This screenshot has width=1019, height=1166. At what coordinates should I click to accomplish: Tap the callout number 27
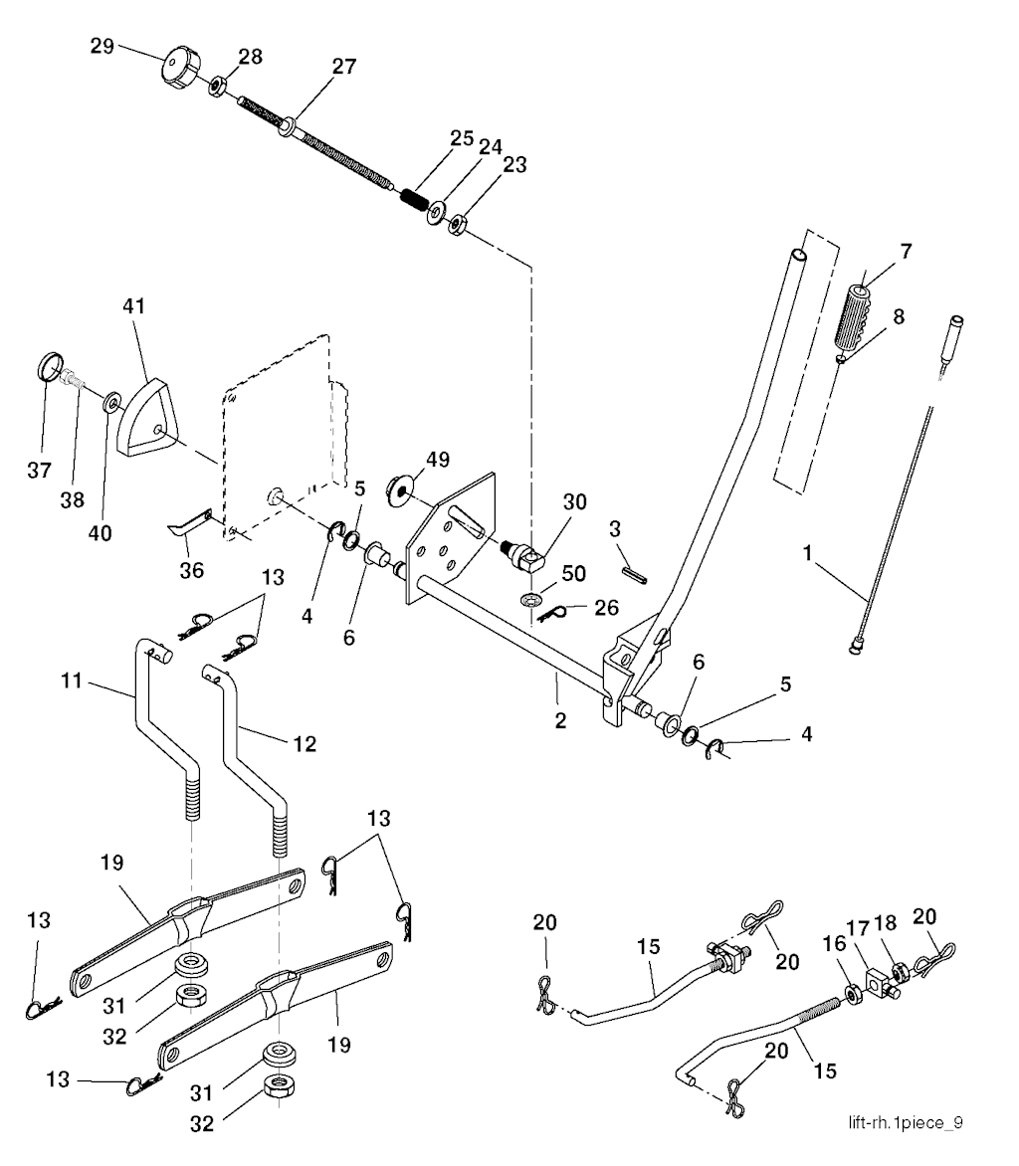tap(343, 67)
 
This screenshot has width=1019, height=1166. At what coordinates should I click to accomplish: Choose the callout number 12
tap(306, 742)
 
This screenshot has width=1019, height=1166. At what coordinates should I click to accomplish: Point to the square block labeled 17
tap(877, 989)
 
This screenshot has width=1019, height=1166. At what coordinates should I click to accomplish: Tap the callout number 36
tap(191, 570)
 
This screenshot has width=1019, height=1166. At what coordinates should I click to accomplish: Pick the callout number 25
tap(461, 138)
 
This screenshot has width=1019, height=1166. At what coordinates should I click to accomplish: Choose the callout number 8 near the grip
tap(899, 318)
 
